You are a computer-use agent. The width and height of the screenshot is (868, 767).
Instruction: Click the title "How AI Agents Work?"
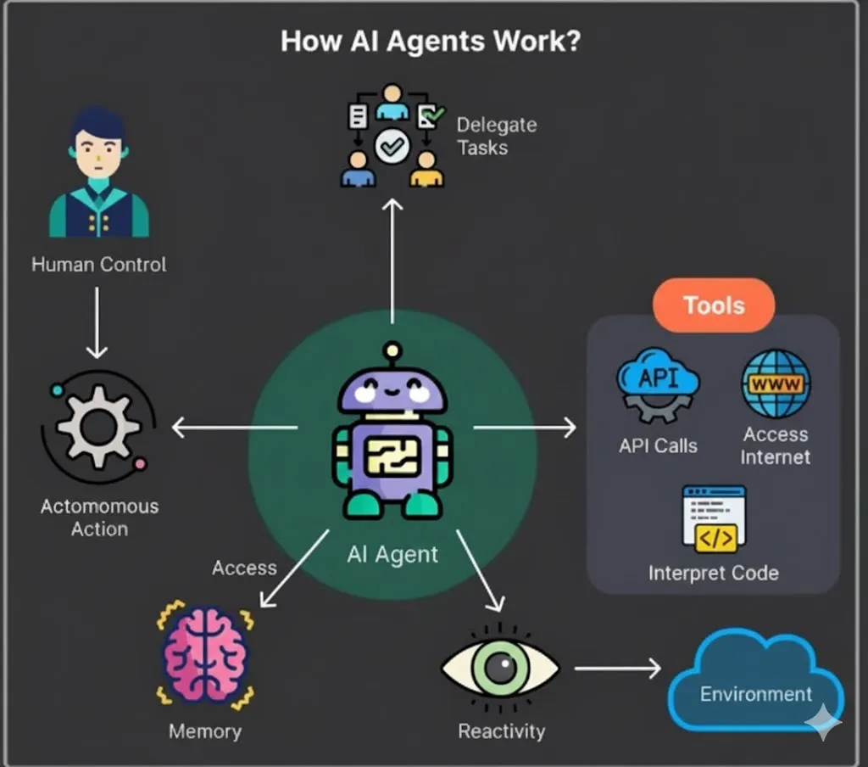coord(431,42)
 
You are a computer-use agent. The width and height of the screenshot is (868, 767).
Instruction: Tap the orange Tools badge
coord(714,305)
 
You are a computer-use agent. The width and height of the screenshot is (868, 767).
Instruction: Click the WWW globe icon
coord(776,384)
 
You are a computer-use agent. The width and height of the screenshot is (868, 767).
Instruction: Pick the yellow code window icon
coord(715,518)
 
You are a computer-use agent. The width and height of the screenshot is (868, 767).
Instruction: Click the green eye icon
coord(500,667)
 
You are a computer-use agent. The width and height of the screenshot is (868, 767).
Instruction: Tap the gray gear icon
coord(99,422)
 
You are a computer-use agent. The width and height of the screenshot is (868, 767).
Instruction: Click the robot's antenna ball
coord(392,350)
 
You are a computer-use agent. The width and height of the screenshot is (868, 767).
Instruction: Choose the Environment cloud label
coord(756,693)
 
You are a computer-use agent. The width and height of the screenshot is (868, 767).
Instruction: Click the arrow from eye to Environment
coord(617,669)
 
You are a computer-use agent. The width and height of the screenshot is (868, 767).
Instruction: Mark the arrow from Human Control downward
coord(97,322)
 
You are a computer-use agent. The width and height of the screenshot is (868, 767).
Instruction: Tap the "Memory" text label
coord(205,731)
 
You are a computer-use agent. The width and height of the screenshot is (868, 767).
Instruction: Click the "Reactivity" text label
coord(502,731)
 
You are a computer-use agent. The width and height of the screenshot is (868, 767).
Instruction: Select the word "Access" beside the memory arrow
coord(244,568)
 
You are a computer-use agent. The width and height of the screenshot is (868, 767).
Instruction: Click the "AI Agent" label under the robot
coord(392,555)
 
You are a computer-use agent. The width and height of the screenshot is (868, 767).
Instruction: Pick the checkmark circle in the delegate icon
coord(392,147)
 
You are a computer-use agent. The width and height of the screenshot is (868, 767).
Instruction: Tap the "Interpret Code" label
coord(714,573)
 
